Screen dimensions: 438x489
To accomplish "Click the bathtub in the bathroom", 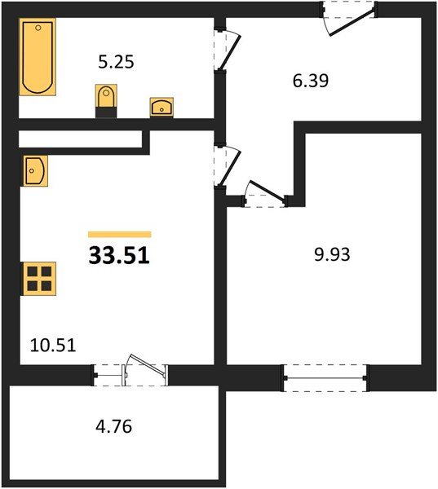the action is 38,57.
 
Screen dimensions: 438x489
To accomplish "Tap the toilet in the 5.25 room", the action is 106,101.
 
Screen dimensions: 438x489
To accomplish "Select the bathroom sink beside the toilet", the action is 161,107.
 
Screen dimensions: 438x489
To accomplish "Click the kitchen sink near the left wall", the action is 35,171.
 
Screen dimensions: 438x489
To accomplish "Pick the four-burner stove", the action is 38,279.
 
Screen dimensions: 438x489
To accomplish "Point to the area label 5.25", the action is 116,61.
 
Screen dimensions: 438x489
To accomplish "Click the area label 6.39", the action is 311,81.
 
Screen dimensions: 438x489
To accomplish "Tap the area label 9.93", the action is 332,254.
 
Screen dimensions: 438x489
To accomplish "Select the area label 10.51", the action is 53,346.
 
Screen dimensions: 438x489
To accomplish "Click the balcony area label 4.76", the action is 114,426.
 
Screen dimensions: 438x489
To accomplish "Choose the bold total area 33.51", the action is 119,255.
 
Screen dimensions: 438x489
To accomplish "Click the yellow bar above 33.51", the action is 120,234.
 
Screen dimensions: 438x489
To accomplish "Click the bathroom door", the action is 227,50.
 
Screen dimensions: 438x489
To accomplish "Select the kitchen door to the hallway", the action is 227,166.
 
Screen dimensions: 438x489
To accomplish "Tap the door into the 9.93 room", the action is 265,194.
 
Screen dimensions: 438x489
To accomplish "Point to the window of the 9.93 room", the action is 325,377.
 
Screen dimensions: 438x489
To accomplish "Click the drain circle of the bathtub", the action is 38,28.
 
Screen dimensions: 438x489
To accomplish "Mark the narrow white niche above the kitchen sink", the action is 80,139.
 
